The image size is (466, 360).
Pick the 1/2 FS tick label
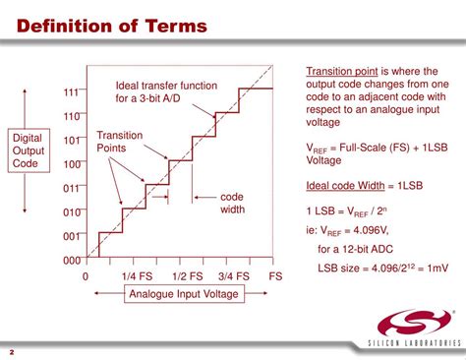click(x=188, y=277)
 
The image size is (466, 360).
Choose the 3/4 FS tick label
click(x=237, y=277)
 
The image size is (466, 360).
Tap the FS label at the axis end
click(x=275, y=277)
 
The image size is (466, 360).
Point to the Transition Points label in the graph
click(x=119, y=141)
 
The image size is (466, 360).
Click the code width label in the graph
click(x=232, y=203)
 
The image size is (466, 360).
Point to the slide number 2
click(x=11, y=351)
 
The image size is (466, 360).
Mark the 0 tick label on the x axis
click(x=87, y=277)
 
